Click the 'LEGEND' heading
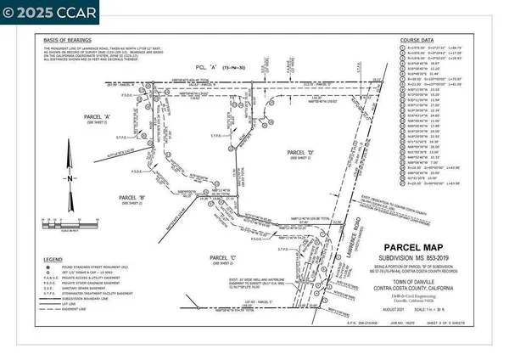(57, 258)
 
